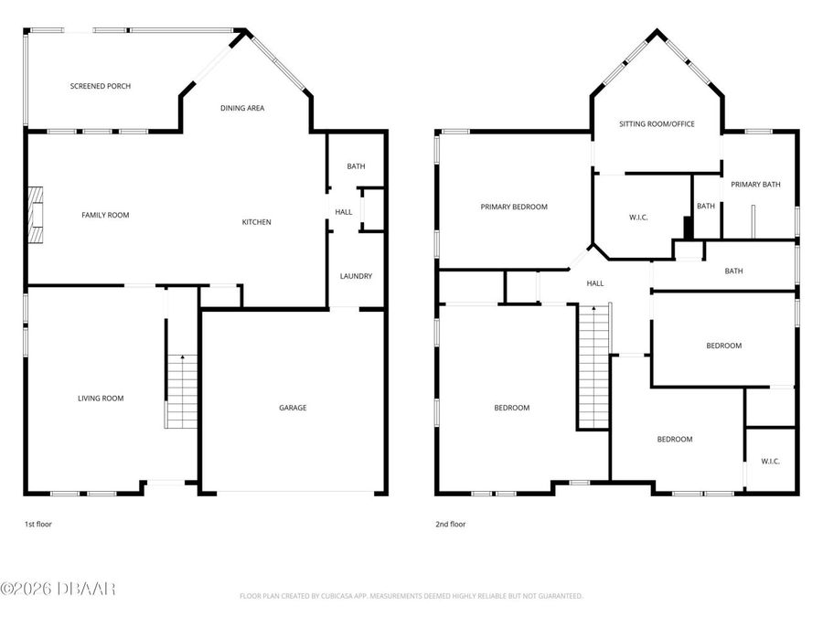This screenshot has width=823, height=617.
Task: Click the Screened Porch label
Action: pos(101,86)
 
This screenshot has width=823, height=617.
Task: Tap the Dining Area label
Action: pos(242,108)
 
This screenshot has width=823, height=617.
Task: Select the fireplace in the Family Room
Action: pos(35,215)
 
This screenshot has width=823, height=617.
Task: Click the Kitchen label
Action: pos(256,222)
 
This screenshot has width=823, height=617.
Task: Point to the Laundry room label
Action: pos(356,276)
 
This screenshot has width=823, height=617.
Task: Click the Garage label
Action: pos(293,408)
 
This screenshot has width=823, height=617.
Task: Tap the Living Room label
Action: pos(101,399)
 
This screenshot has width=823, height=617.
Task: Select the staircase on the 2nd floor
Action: pos(593,366)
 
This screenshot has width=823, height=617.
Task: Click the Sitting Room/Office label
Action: pos(657,123)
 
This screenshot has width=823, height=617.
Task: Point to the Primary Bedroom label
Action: pos(514,207)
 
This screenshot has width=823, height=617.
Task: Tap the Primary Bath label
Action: pos(755,185)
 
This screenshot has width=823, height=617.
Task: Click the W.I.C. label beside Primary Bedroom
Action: pos(638,218)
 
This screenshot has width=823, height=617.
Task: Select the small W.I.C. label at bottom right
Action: pos(770,462)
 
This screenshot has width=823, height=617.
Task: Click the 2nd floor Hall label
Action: pos(595,283)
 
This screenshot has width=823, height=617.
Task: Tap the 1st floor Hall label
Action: pos(343,212)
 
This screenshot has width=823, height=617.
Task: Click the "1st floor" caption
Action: pos(38,525)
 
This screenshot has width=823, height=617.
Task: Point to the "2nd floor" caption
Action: pos(450,525)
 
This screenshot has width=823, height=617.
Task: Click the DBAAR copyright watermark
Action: pos(59,590)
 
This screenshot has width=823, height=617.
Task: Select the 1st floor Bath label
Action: pos(356,166)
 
